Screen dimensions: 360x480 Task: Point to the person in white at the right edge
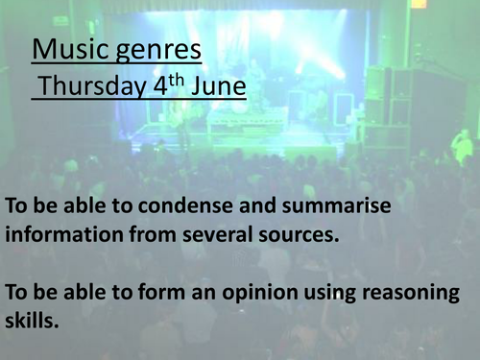463,145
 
